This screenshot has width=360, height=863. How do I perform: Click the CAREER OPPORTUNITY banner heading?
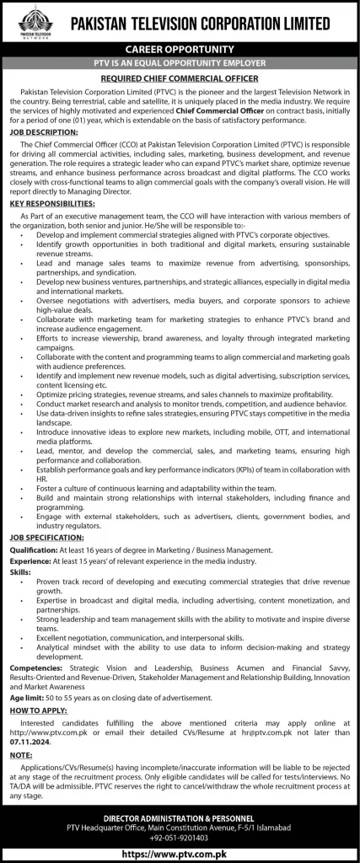[180, 50]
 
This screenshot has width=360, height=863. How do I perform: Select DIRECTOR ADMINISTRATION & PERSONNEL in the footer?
[180, 817]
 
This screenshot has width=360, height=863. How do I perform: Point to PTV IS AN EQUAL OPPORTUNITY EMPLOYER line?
[180, 62]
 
